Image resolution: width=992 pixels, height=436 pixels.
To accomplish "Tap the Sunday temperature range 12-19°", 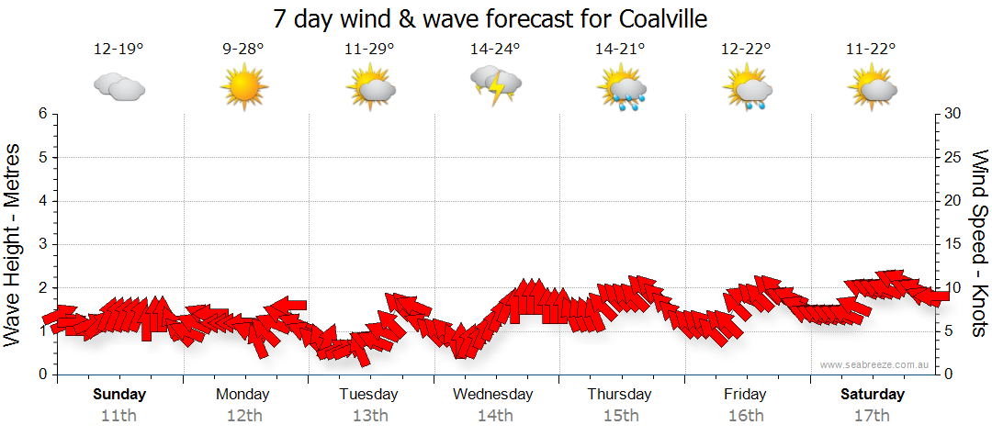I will [x=118, y=50].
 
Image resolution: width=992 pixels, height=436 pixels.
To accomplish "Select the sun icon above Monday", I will [x=242, y=88].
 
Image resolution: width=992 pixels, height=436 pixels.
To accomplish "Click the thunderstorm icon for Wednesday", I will [x=495, y=85].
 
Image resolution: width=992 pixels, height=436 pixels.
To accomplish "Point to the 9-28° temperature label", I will [x=243, y=50].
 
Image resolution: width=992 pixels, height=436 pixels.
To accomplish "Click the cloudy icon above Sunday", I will [x=118, y=87].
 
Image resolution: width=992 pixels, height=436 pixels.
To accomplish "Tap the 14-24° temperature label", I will [x=495, y=50].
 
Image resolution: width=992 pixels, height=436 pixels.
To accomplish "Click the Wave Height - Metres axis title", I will [x=13, y=244].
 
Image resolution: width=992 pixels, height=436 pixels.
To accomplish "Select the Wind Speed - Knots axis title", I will [x=979, y=244].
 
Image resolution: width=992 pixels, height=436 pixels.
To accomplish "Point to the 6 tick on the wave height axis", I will [x=41, y=114].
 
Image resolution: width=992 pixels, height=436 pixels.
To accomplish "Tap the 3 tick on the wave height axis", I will [x=41, y=244].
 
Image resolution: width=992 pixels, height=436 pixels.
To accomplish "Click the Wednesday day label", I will [x=493, y=395].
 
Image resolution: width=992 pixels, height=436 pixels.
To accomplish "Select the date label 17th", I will [x=872, y=415].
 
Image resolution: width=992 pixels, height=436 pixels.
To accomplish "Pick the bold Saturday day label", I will [x=873, y=395].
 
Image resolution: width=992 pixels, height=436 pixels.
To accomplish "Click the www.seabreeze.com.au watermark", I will [x=875, y=364].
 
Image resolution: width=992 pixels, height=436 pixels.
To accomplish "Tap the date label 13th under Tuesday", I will [x=368, y=415].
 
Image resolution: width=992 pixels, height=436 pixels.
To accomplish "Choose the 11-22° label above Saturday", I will [x=871, y=50].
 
